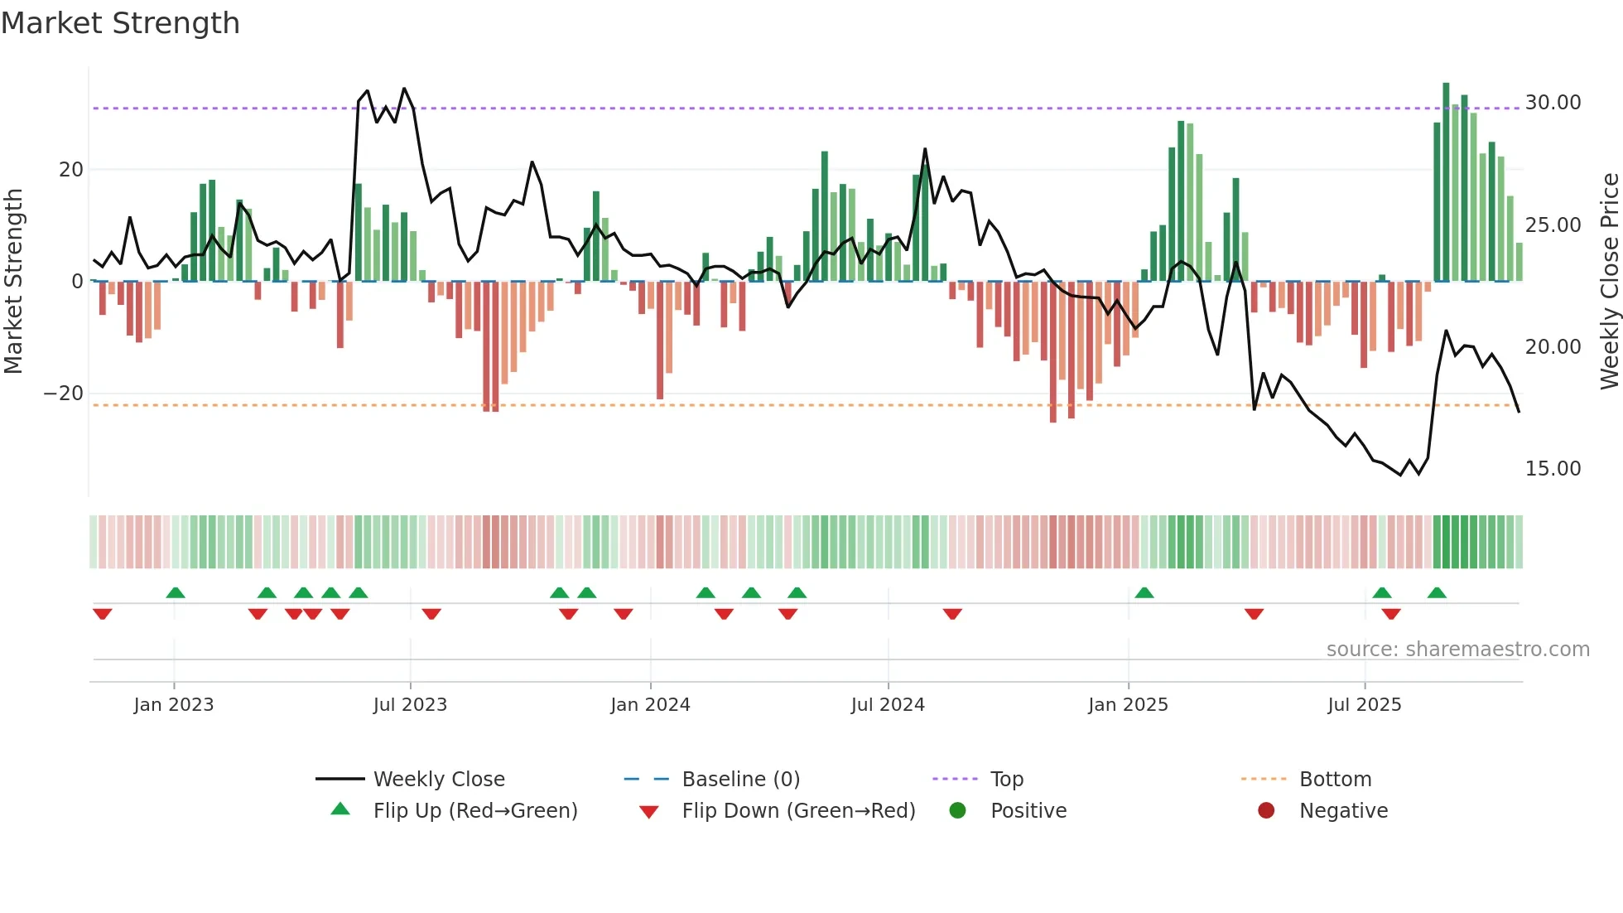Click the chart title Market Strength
pyautogui.click(x=121, y=23)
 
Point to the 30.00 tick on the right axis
pyautogui.click(x=1553, y=103)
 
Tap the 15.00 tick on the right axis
pyautogui.click(x=1553, y=469)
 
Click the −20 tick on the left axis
pyautogui.click(x=64, y=394)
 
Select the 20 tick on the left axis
pyautogui.click(x=71, y=170)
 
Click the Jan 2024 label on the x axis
pyautogui.click(x=650, y=705)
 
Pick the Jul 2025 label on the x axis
pyautogui.click(x=1364, y=705)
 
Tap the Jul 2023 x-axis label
pyautogui.click(x=410, y=705)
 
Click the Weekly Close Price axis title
pyautogui.click(x=1609, y=281)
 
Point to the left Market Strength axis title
pyautogui.click(x=14, y=281)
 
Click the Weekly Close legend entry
pyautogui.click(x=438, y=780)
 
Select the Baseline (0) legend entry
pyautogui.click(x=740, y=780)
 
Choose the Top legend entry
pyautogui.click(x=1006, y=780)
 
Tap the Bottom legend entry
pyautogui.click(x=1335, y=780)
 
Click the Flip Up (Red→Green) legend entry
pyautogui.click(x=474, y=811)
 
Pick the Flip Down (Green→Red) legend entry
pyautogui.click(x=798, y=811)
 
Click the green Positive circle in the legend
pyautogui.click(x=958, y=811)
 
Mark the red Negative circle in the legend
pyautogui.click(x=1266, y=811)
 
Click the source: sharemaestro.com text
pyautogui.click(x=1457, y=650)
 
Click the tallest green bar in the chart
pyautogui.click(x=1446, y=182)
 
